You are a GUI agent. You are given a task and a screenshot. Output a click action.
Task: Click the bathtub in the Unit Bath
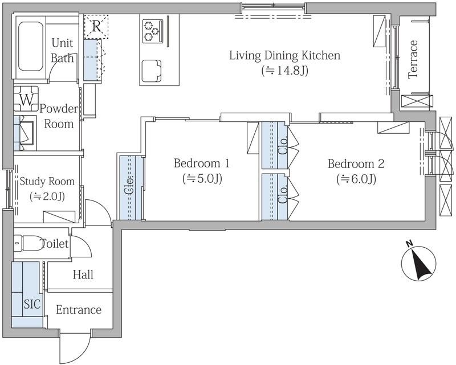click(31, 47)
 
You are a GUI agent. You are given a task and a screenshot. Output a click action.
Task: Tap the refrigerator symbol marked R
click(96, 27)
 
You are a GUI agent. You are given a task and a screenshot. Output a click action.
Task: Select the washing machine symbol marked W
click(26, 99)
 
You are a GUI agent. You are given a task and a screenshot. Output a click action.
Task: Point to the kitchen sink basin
click(151, 71)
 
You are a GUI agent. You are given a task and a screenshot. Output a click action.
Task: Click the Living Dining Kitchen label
click(284, 55)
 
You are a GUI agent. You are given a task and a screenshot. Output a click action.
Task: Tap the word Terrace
click(413, 60)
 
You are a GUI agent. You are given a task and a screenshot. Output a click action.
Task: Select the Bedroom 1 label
click(202, 163)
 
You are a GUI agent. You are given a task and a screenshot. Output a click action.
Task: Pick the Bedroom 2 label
click(356, 163)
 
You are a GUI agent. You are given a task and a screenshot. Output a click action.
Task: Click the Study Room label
click(47, 181)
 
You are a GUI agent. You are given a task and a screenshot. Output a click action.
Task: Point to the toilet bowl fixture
click(28, 243)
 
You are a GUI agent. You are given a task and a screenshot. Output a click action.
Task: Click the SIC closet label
click(32, 304)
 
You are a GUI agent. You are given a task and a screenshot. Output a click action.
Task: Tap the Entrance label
click(79, 310)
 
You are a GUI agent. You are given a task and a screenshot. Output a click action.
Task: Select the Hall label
click(83, 274)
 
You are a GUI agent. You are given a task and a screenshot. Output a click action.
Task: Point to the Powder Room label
click(59, 116)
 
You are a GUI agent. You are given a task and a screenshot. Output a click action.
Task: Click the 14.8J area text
click(284, 71)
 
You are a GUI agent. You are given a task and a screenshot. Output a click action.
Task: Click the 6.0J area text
click(356, 179)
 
